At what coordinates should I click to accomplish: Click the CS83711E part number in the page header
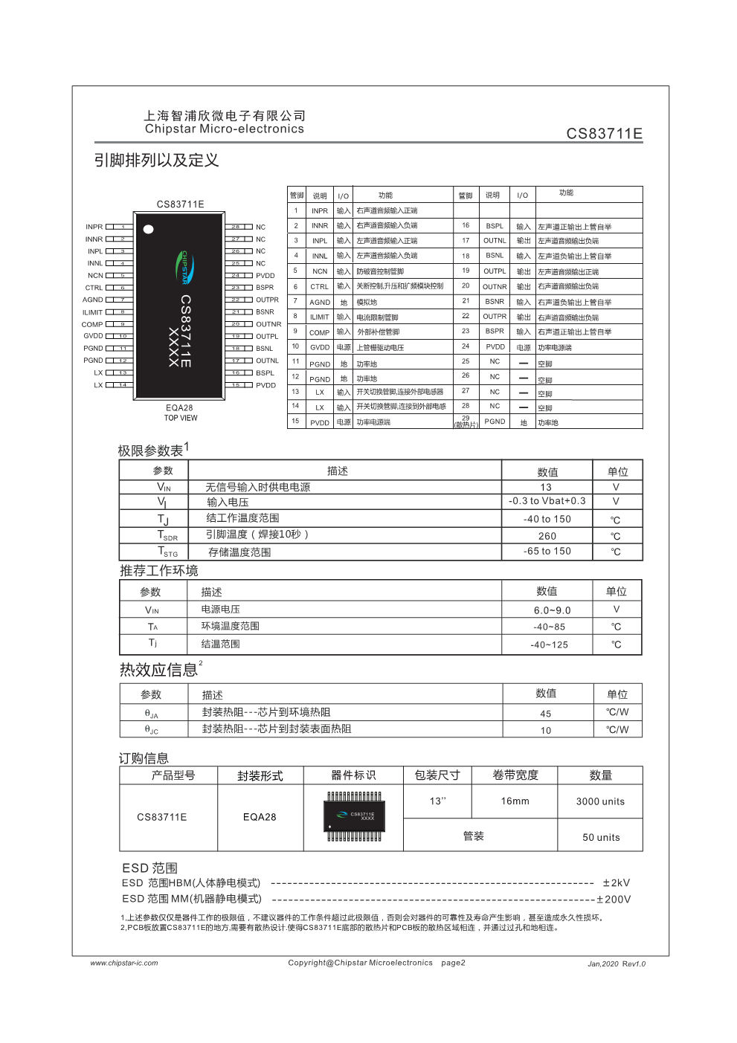pyautogui.click(x=604, y=134)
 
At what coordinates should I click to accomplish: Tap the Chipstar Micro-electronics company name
pyautogui.click(x=225, y=129)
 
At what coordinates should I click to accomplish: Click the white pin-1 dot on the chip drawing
pyautogui.click(x=149, y=229)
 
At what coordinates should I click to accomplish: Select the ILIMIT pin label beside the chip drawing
pyautogui.click(x=93, y=313)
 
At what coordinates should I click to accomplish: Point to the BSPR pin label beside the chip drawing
pyautogui.click(x=265, y=288)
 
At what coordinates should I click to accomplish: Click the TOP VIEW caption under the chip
pyautogui.click(x=181, y=418)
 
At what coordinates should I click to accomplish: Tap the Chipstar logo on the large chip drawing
pyautogui.click(x=185, y=268)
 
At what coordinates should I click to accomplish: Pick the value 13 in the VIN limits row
pyautogui.click(x=546, y=487)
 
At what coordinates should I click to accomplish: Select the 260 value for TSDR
pyautogui.click(x=547, y=536)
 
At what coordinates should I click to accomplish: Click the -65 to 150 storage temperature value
pyautogui.click(x=547, y=552)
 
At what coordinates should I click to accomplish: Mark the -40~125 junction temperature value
pyautogui.click(x=549, y=645)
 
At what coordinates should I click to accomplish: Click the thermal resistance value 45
pyautogui.click(x=546, y=714)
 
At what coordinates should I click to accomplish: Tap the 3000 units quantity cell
pyautogui.click(x=600, y=801)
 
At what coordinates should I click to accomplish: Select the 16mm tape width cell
pyautogui.click(x=515, y=801)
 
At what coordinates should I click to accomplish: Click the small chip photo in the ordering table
pyautogui.click(x=354, y=816)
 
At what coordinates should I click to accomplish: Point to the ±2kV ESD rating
pyautogui.click(x=617, y=883)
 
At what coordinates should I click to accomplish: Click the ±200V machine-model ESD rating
pyautogui.click(x=614, y=900)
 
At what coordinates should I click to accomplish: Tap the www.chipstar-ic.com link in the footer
pyautogui.click(x=124, y=963)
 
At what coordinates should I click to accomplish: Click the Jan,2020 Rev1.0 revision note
pyautogui.click(x=617, y=963)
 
